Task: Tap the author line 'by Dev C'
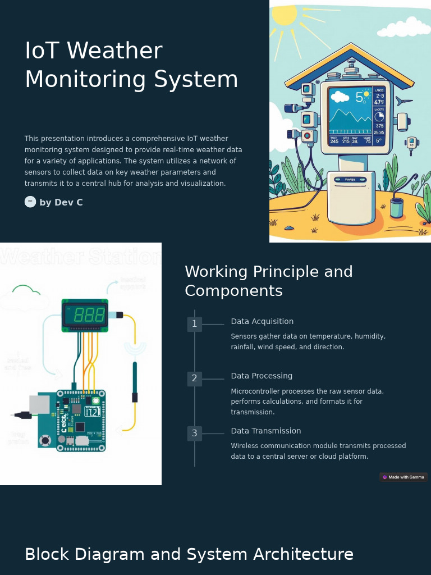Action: (61, 202)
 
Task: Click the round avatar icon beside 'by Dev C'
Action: (30, 202)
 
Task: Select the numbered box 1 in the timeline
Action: (194, 324)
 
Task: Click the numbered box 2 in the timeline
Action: (194, 378)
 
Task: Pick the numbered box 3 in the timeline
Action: (194, 433)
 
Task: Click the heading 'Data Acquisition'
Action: (262, 321)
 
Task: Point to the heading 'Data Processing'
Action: (262, 376)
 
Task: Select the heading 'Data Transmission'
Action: (266, 431)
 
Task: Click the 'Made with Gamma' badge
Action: (404, 477)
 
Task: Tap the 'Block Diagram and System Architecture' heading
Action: (189, 554)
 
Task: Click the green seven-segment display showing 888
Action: (85, 315)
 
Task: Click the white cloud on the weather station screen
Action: (340, 97)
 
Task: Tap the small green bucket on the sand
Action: (397, 208)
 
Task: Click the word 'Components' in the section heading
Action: (233, 291)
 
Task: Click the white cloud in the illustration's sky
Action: (405, 27)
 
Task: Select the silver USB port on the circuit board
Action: (39, 404)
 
